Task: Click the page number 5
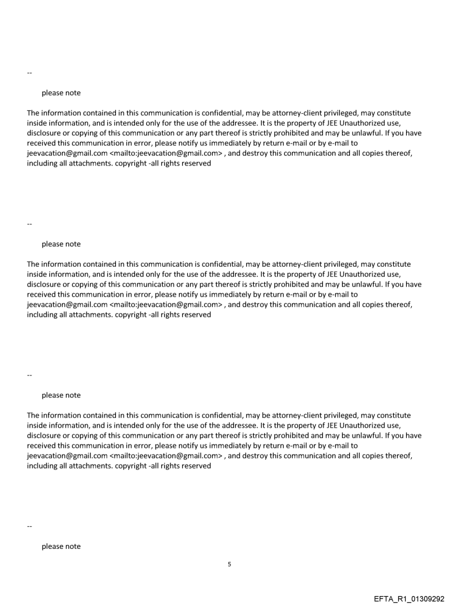pos(229,564)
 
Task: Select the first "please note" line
pos(61,93)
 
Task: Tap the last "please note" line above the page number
pos(61,547)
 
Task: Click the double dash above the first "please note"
pos(29,73)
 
